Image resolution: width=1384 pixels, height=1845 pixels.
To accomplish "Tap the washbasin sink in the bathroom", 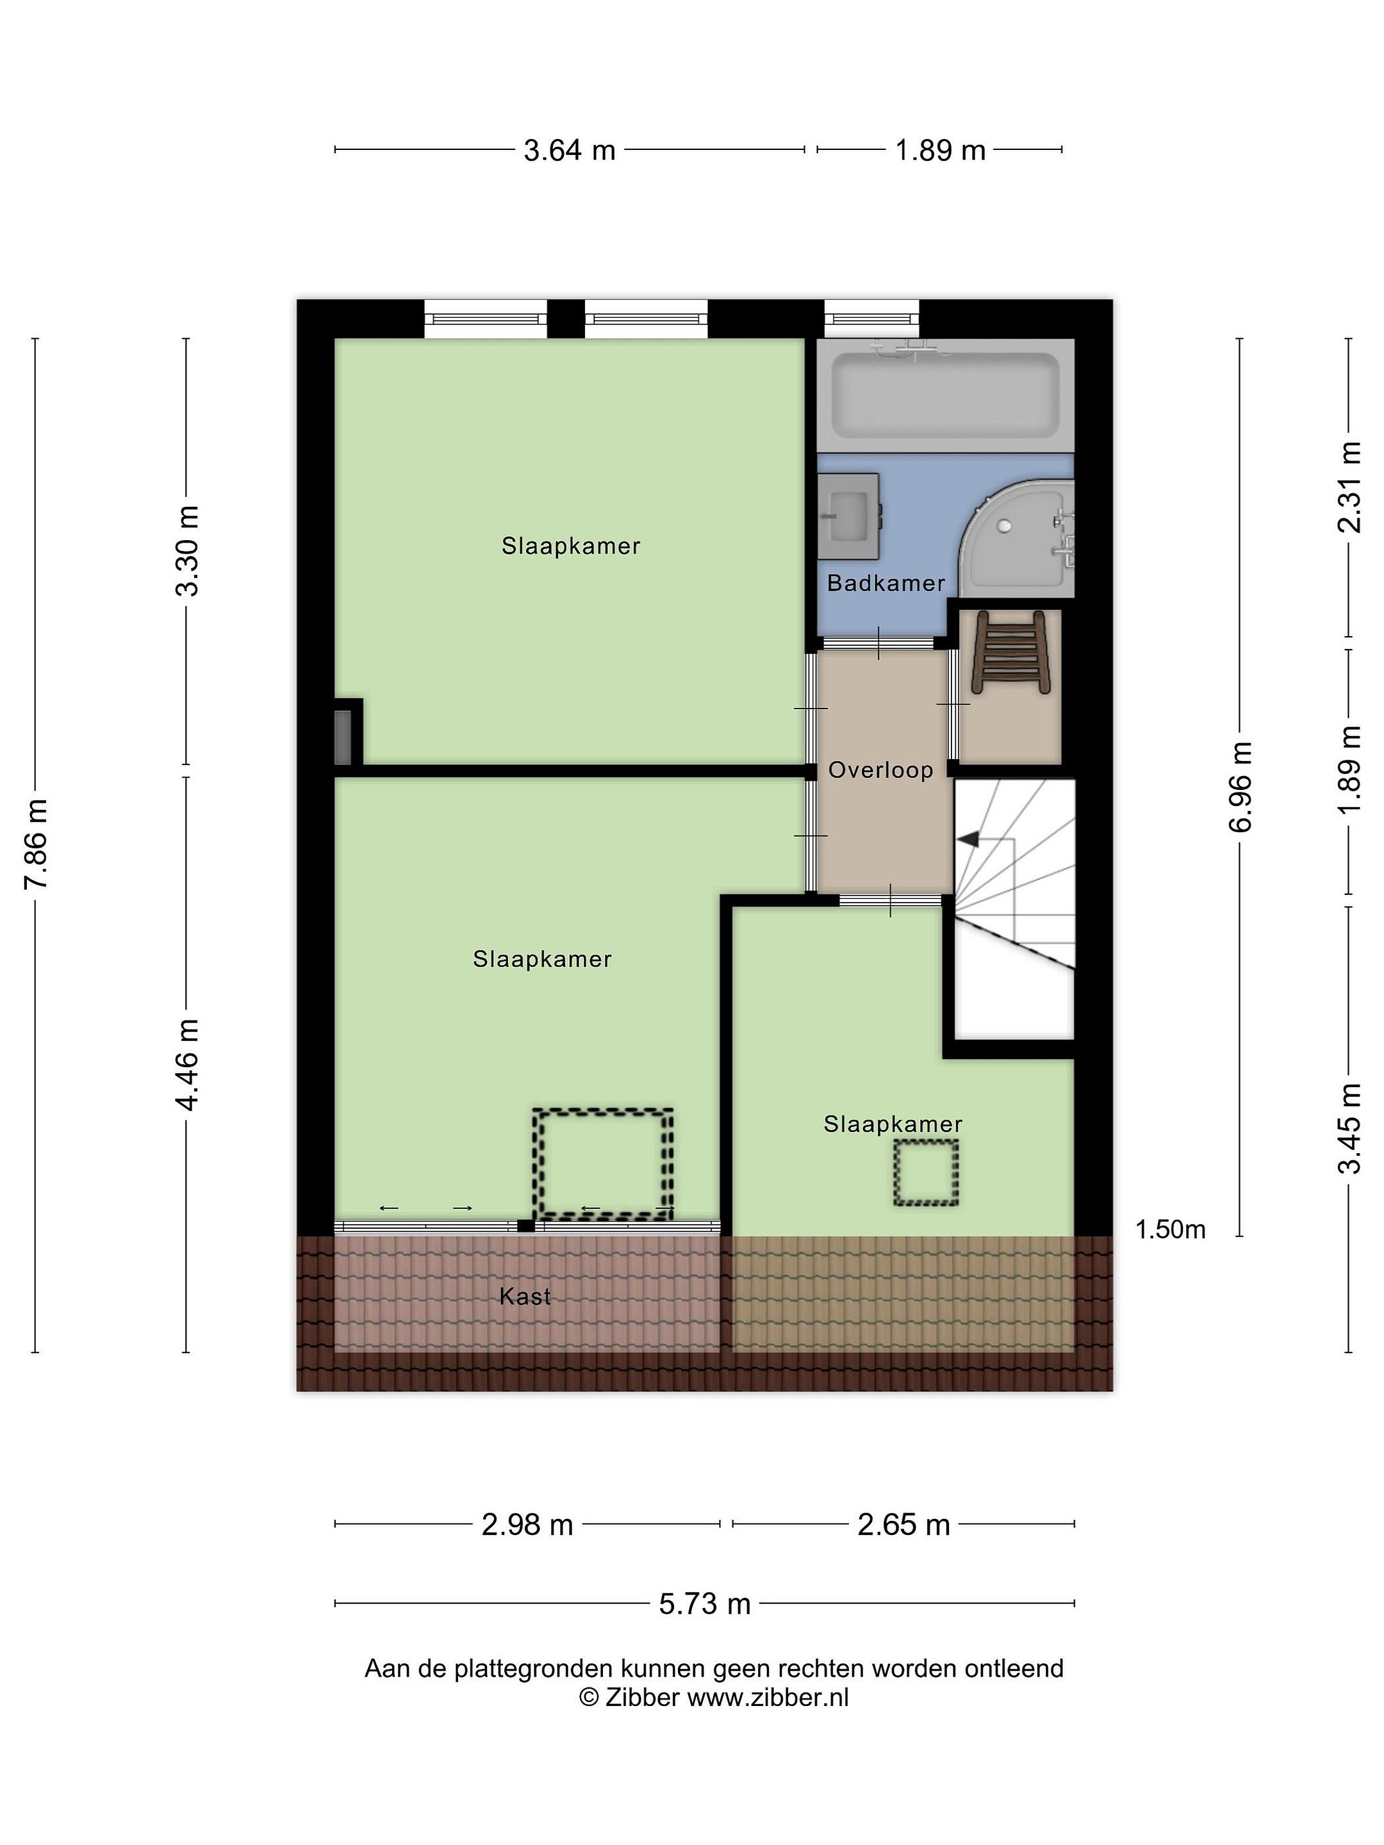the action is (848, 516).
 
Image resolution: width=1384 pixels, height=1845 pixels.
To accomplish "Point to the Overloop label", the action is (880, 770).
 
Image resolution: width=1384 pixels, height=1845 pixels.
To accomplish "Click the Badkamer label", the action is (886, 583).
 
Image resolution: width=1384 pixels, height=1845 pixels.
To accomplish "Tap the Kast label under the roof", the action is (525, 1296).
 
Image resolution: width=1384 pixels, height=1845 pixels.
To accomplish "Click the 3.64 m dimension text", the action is (570, 150).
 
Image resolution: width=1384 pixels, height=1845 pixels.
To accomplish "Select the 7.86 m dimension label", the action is (38, 844).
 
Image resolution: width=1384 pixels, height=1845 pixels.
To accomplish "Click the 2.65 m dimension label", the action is (903, 1525).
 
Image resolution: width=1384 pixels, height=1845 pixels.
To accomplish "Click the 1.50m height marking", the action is (1171, 1229).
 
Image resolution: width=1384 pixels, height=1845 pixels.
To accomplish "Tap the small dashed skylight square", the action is (926, 1174).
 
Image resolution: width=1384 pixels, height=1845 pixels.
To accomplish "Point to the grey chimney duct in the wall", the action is (343, 737).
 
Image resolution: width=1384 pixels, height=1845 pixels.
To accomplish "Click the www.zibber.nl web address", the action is (768, 1698).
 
